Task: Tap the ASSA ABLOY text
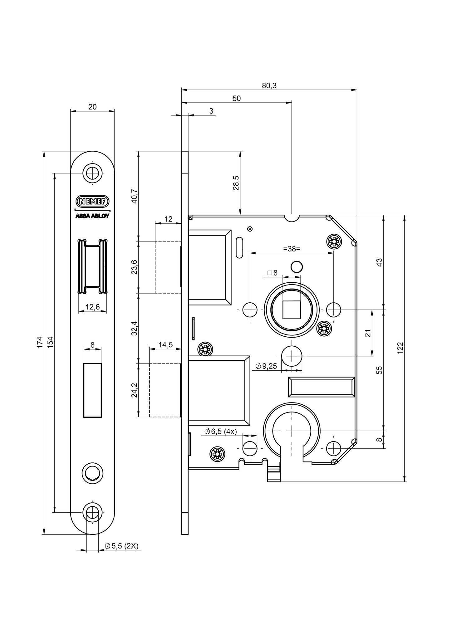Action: [92, 216]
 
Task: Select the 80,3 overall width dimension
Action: [269, 85]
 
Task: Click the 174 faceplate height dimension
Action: [40, 342]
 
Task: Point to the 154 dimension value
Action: [50, 342]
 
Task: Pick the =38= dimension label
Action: [292, 249]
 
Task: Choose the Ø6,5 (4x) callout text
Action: [221, 432]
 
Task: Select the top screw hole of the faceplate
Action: [92, 173]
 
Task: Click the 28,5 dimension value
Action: [236, 183]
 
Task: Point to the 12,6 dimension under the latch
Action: [92, 307]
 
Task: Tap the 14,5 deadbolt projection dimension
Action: [165, 345]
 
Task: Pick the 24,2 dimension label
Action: [134, 390]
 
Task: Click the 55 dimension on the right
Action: [379, 370]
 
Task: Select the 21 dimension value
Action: [368, 333]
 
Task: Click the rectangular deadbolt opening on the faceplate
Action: [92, 390]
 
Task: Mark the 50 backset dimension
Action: [237, 98]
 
